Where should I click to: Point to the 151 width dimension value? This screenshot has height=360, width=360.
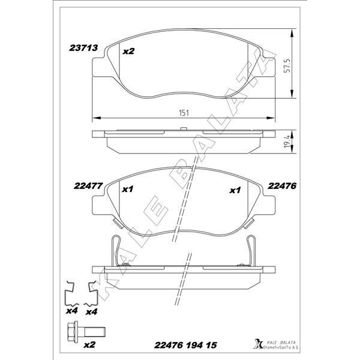(x=181, y=112)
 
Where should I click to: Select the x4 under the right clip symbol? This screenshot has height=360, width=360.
(x=91, y=311)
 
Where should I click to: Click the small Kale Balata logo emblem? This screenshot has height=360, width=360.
(x=259, y=343)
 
